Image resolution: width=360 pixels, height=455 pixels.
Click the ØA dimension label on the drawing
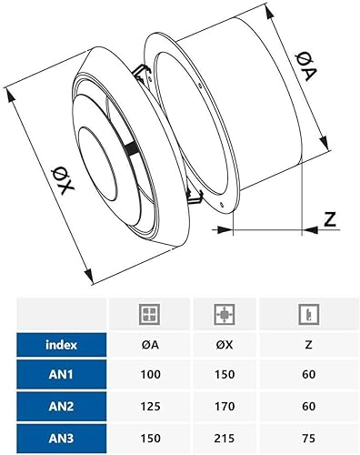pyautogui.click(x=306, y=66)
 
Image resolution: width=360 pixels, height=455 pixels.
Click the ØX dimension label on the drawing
pyautogui.click(x=63, y=181)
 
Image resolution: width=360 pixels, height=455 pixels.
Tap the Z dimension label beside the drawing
pyautogui.click(x=330, y=219)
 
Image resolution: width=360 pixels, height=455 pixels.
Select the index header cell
pyautogui.click(x=61, y=345)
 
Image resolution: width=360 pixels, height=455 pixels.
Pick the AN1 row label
pyautogui.click(x=61, y=374)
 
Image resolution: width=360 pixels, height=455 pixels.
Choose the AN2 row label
pyautogui.click(x=61, y=406)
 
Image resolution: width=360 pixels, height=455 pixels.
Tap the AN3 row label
pyautogui.click(x=61, y=438)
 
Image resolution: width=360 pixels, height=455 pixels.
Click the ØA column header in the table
pyautogui.click(x=150, y=345)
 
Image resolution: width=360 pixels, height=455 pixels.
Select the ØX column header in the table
pyautogui.click(x=225, y=345)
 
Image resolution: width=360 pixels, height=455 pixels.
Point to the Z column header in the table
pyautogui.click(x=308, y=345)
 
